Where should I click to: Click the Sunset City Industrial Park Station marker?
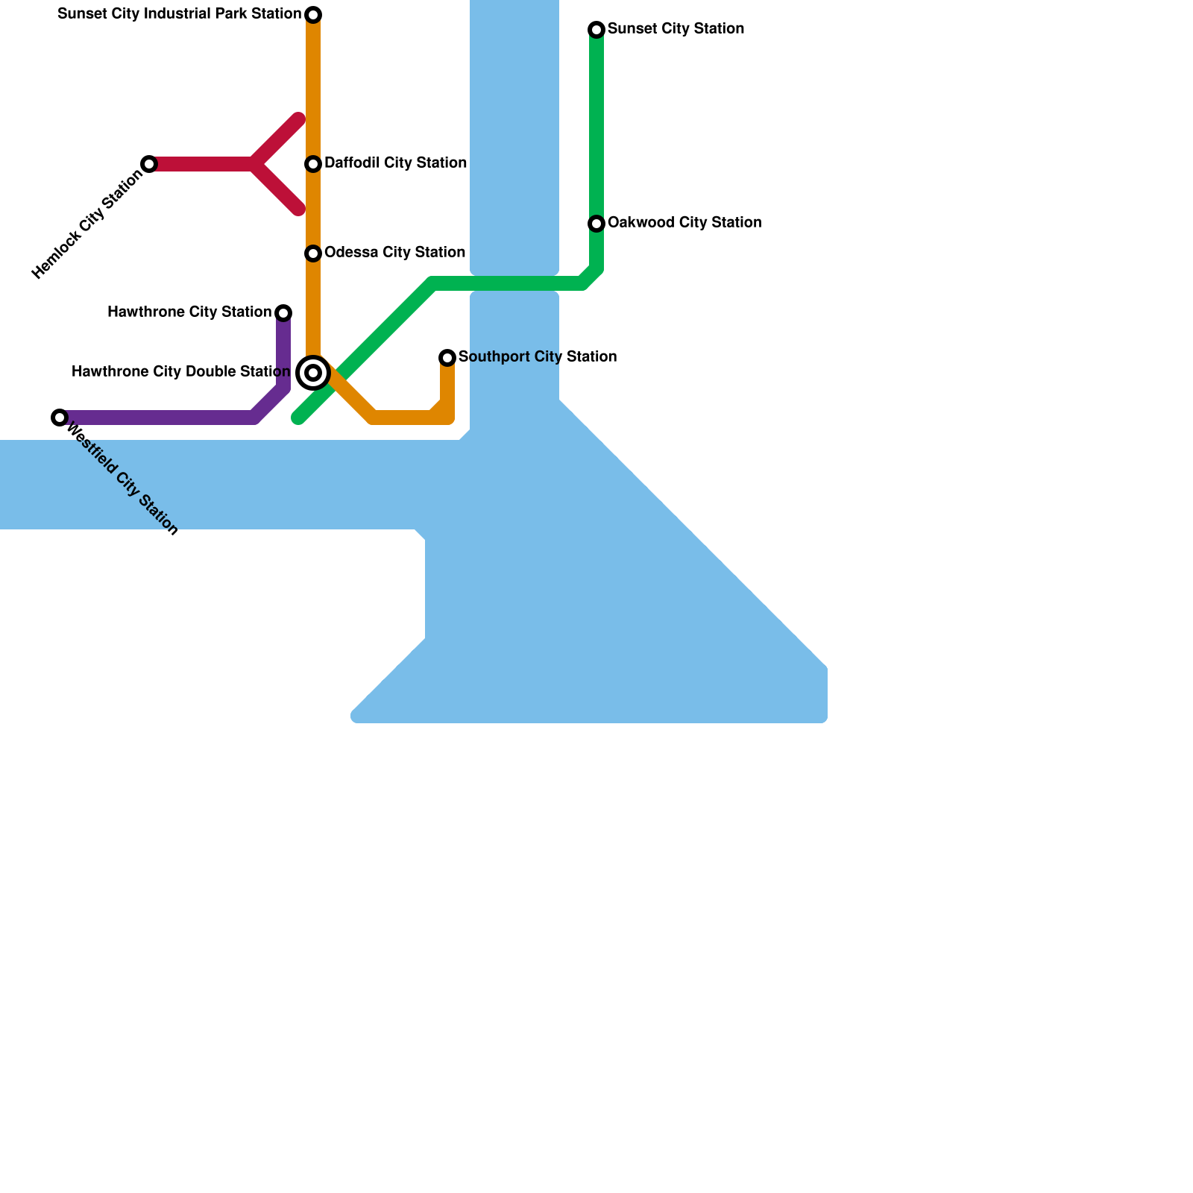point(313,15)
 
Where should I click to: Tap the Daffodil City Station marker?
point(313,164)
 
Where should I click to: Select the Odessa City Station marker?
point(313,254)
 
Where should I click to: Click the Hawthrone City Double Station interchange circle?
point(313,373)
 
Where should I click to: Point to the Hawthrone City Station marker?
point(283,312)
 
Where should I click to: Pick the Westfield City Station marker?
point(60,418)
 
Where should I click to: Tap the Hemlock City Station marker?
point(149,164)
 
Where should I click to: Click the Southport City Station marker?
point(447,358)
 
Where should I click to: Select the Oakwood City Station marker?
point(596,224)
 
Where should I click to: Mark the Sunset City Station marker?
point(596,30)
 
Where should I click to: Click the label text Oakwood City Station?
point(684,223)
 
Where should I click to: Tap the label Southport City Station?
point(537,357)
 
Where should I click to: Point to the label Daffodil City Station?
point(395,163)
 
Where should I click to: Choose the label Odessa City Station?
point(394,253)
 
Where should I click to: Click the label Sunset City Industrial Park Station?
point(179,14)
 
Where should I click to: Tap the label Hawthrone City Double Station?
point(180,372)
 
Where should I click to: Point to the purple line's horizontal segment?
point(157,418)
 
